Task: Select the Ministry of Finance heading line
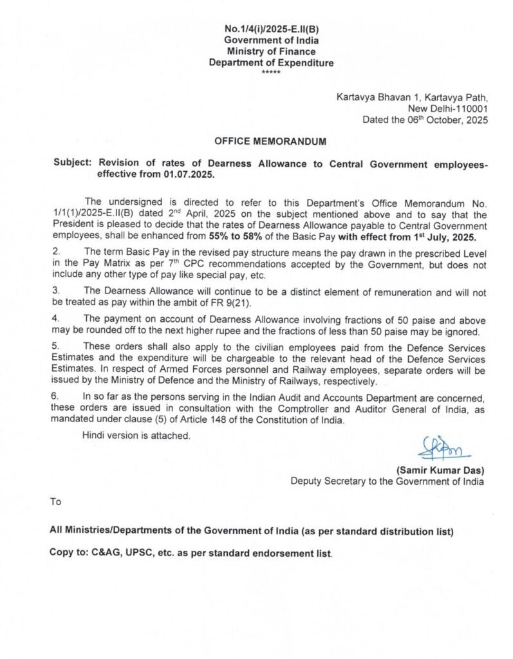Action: pos(271,51)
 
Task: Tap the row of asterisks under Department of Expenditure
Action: pos(271,72)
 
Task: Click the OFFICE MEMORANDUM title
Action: pos(270,141)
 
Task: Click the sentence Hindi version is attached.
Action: pos(136,436)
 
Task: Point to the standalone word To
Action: pos(56,501)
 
